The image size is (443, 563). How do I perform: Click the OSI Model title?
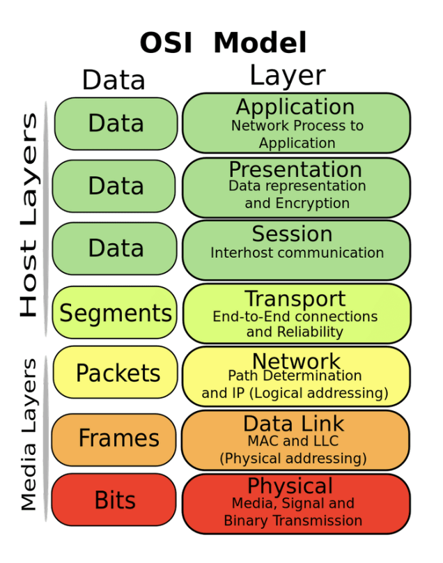click(223, 43)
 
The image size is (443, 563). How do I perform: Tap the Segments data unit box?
click(115, 313)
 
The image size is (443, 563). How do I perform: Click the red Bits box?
click(114, 500)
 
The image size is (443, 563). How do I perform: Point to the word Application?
click(295, 107)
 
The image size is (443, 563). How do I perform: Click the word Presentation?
click(295, 169)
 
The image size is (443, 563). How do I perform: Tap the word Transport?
click(295, 299)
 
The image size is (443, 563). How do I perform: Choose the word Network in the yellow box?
click(296, 361)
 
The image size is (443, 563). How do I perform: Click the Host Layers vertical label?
click(29, 216)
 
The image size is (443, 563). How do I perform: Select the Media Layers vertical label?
click(29, 435)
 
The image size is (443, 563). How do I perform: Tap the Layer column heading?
click(287, 76)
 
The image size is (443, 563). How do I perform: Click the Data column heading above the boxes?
click(114, 80)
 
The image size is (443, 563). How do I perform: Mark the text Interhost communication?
click(297, 253)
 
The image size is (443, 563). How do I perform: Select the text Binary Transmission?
click(293, 520)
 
